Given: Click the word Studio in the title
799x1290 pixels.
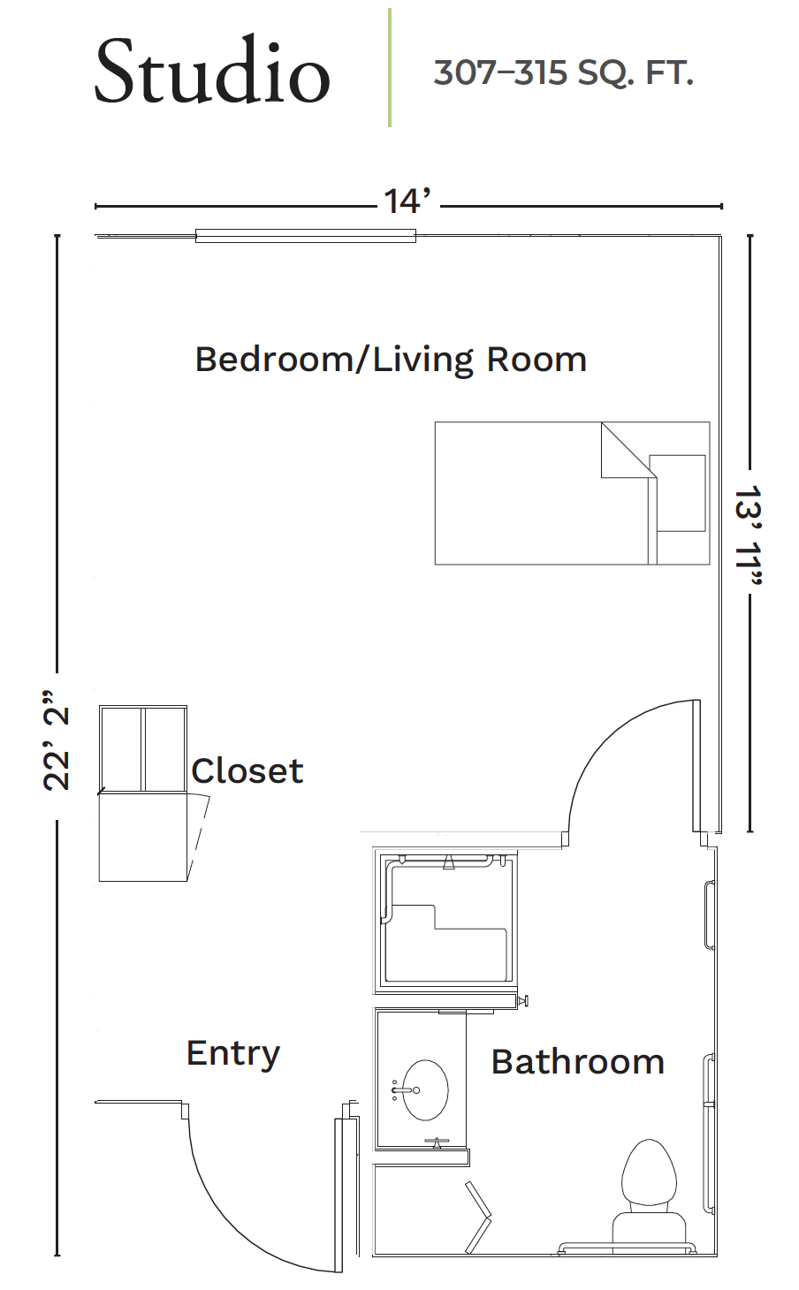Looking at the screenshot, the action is (x=212, y=71).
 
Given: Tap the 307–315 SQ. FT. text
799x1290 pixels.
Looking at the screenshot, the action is (x=563, y=73).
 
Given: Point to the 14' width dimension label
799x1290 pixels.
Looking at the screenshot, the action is (x=407, y=201).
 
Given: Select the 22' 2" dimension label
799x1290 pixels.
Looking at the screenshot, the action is (x=57, y=740).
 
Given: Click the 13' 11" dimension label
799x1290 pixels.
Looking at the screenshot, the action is (x=749, y=535).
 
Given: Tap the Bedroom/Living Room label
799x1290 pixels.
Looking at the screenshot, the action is (x=391, y=360).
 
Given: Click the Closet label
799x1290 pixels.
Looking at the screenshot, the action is (x=247, y=770).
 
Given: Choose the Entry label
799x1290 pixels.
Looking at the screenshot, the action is (x=232, y=1053).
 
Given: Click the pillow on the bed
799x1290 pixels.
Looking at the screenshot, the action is (x=677, y=493).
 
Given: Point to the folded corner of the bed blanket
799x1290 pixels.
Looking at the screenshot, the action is (x=628, y=451).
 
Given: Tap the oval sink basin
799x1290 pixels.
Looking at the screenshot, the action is (x=425, y=1089).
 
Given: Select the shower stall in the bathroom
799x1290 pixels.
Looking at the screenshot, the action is (x=445, y=921).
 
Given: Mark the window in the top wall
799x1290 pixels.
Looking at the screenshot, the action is (x=305, y=236).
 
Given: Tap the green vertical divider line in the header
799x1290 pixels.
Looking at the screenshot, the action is (x=390, y=67).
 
